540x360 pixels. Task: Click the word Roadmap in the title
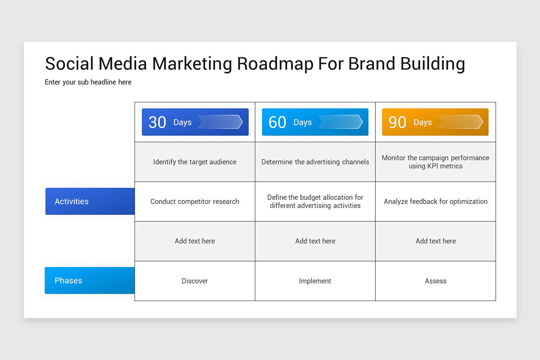275,64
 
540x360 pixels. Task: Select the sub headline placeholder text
88,82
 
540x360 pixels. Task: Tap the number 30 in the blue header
157,122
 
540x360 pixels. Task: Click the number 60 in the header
277,122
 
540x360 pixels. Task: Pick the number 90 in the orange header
397,122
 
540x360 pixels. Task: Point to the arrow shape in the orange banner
460,122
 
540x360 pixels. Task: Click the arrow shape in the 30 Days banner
220,122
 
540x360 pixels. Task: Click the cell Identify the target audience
195,162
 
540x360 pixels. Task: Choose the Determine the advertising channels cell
315,162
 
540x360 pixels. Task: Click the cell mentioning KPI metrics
436,162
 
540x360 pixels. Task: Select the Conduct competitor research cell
195,202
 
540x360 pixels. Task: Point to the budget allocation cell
315,202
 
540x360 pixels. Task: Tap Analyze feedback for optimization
436,202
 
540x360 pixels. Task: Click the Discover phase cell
195,281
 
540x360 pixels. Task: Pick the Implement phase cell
315,281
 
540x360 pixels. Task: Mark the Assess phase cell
436,281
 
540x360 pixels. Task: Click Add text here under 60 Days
315,241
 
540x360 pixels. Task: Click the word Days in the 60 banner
302,122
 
